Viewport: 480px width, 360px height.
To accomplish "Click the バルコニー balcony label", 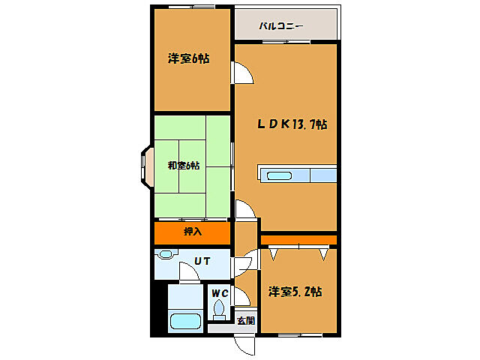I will point(281,26).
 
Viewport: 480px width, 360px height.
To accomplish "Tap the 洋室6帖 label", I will point(187,59).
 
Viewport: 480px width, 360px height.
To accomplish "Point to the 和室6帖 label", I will point(183,166).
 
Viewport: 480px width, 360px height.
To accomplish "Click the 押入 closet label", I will point(192,232).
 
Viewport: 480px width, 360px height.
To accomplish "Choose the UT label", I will point(202,261).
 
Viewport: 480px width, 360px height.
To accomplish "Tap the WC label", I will point(218,292).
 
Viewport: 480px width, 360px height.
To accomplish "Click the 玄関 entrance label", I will point(244,320).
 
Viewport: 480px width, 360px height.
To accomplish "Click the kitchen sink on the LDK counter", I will point(279,175).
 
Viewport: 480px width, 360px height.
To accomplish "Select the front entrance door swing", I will point(244,346).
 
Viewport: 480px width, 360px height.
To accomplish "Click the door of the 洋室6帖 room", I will point(243,73).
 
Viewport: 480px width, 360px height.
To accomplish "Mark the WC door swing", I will point(241,296).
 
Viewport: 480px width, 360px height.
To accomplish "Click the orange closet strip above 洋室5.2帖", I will point(298,239).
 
